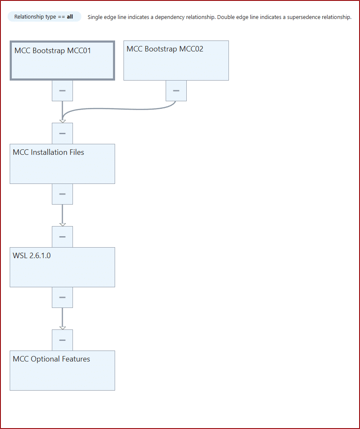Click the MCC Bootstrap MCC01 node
[x=62, y=60]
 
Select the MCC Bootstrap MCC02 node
[x=176, y=60]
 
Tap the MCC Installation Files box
[x=62, y=164]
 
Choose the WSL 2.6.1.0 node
[x=62, y=267]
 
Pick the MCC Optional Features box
[x=62, y=370]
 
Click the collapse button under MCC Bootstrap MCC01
[x=62, y=91]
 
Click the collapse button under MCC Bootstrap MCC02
[x=176, y=91]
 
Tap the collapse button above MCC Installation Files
[x=62, y=133]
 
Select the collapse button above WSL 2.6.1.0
[x=62, y=237]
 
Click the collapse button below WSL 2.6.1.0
[x=62, y=297]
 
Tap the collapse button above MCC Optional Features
[x=62, y=340]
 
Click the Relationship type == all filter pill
[x=44, y=17]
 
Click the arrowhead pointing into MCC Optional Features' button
[x=62, y=328]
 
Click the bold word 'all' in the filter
[x=70, y=17]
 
